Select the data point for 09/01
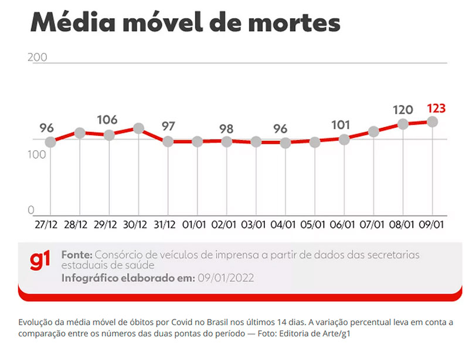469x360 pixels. (433, 121)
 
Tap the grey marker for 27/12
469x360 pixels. (50, 142)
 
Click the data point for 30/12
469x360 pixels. (139, 128)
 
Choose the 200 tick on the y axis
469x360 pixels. (36, 57)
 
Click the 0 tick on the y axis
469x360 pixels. (32, 210)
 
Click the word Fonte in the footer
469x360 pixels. (77, 255)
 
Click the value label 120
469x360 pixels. (403, 110)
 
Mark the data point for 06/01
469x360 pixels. (344, 140)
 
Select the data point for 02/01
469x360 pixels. (227, 141)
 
